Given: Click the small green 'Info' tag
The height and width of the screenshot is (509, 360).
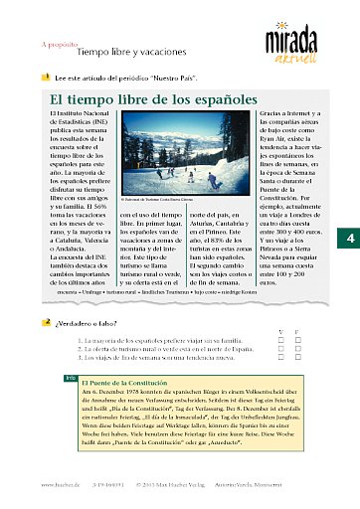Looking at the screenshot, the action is pos(70,378).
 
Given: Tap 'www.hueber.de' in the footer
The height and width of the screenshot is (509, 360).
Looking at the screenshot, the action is pos(60,484).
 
